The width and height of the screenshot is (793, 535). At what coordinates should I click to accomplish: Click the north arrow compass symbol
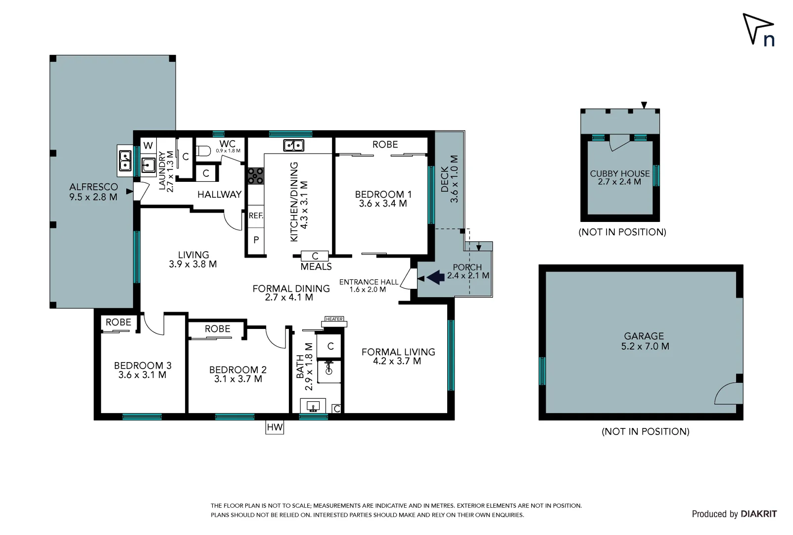pyautogui.click(x=758, y=30)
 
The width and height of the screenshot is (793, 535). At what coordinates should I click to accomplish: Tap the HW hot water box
pyautogui.click(x=275, y=427)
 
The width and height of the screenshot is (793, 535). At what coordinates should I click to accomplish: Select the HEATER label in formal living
pyautogui.click(x=334, y=319)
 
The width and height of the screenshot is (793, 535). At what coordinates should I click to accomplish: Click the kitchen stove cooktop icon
pyautogui.click(x=256, y=176)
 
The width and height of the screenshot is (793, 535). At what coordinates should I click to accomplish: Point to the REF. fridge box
pyautogui.click(x=256, y=216)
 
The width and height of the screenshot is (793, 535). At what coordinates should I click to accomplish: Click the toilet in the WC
pyautogui.click(x=203, y=151)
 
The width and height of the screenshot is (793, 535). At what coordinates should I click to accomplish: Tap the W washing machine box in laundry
pyautogui.click(x=148, y=145)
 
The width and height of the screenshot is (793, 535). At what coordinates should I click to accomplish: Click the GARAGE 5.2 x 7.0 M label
pyautogui.click(x=645, y=341)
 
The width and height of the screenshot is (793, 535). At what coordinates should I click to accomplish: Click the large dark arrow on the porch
pyautogui.click(x=436, y=277)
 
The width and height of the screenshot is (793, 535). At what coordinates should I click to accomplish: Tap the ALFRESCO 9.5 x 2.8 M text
pyautogui.click(x=93, y=192)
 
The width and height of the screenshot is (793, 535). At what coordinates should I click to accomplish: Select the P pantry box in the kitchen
pyautogui.click(x=256, y=240)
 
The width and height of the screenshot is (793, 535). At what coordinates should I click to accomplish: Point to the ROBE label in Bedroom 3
pyautogui.click(x=118, y=322)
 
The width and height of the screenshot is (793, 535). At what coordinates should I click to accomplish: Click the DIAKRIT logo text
pyautogui.click(x=758, y=514)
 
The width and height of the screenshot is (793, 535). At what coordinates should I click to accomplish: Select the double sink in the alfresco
pyautogui.click(x=125, y=160)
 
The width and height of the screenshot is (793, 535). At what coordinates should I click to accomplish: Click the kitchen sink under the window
pyautogui.click(x=293, y=145)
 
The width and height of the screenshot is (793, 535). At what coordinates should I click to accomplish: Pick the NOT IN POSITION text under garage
pyautogui.click(x=645, y=431)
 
